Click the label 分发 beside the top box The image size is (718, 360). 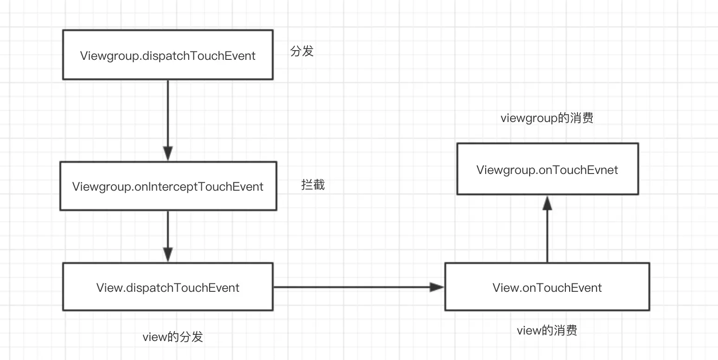coord(302,51)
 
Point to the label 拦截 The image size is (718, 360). coord(313,185)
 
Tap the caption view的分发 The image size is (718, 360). coord(173,336)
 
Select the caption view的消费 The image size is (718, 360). coord(547,331)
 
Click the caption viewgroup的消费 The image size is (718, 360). coord(547,118)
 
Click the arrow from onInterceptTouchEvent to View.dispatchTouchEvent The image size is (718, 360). coord(167,234)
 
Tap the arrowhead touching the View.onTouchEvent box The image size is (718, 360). coord(437,287)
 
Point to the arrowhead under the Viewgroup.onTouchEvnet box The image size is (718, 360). coord(547,203)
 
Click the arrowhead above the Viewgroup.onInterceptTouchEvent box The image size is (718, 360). coord(167,154)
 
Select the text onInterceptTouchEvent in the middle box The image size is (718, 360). coord(199,187)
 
